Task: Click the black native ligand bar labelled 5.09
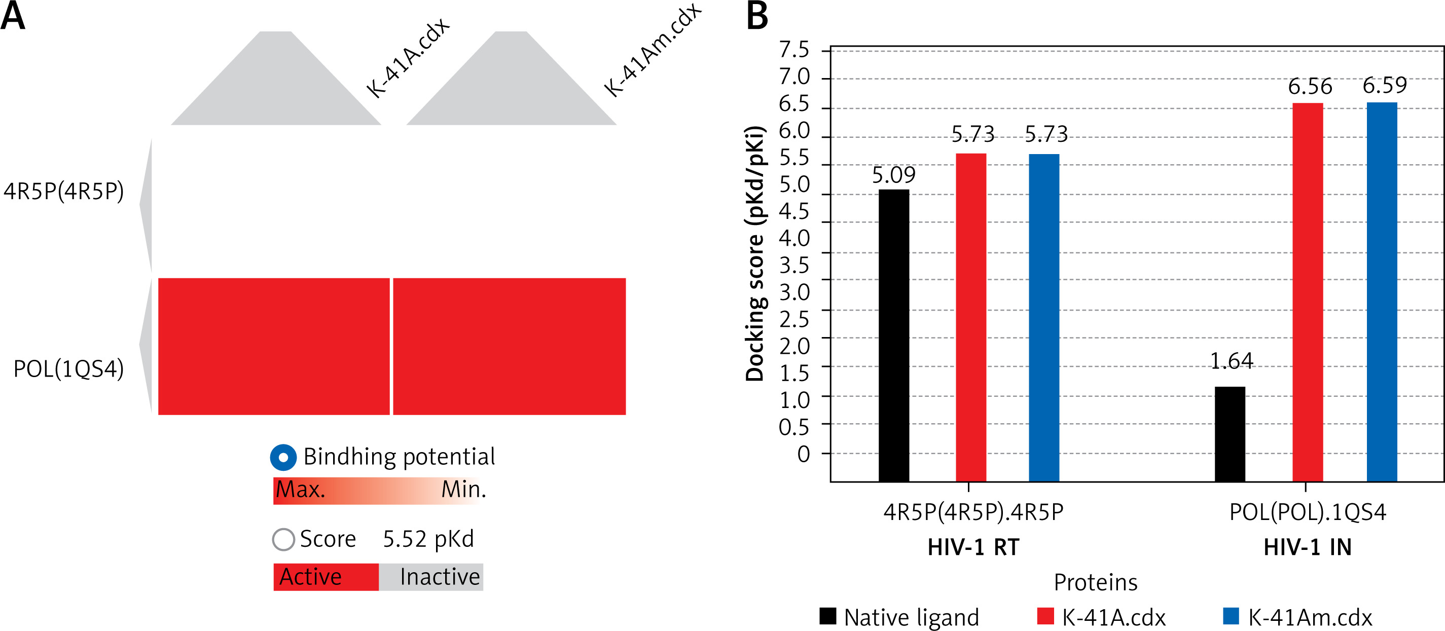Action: click(x=893, y=336)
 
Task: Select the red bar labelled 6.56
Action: click(x=1308, y=291)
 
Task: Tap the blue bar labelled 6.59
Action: click(x=1382, y=291)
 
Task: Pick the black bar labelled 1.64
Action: click(x=1230, y=433)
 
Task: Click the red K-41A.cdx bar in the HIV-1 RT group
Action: click(x=971, y=317)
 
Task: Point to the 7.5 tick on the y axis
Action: click(x=794, y=50)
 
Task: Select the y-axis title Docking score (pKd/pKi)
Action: click(x=755, y=253)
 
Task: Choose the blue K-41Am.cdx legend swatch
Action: click(x=1231, y=616)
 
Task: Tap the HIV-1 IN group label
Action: click(x=1308, y=547)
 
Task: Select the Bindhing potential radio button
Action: click(x=283, y=457)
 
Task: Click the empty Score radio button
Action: click(x=283, y=540)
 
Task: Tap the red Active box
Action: click(x=326, y=577)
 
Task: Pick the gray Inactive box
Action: click(x=431, y=577)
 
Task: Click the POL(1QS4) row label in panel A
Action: click(x=68, y=369)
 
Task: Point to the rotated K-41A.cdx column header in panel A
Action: click(x=408, y=58)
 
